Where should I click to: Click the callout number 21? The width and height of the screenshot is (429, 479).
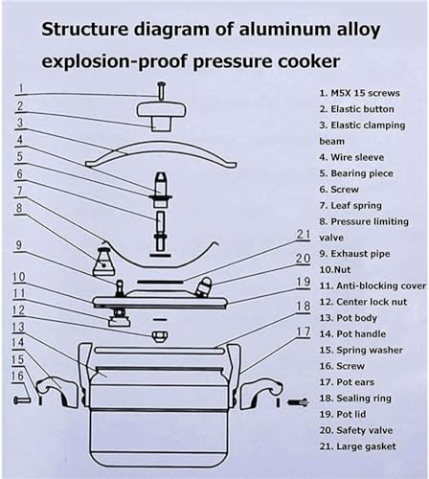point(304,235)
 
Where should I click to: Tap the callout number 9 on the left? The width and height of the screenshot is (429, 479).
point(19,245)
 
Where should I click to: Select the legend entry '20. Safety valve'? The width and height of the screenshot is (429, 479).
point(356,430)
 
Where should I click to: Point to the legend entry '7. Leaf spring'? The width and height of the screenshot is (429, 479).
point(350,205)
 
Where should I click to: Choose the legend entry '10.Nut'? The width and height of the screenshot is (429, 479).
point(335,270)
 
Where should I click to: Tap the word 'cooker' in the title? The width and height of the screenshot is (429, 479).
point(308,61)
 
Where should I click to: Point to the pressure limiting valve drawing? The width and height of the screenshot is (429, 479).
point(103,262)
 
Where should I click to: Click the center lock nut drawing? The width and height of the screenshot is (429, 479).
point(160,336)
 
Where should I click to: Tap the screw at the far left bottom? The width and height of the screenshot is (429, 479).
point(22,399)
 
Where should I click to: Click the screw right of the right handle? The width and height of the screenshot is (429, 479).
point(298,402)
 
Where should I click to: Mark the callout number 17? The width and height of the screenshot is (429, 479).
point(304,331)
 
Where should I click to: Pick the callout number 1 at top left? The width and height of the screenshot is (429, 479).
point(21,88)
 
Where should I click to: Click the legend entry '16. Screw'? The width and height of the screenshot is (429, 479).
point(342,366)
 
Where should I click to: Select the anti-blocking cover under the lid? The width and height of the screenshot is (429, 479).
point(119,321)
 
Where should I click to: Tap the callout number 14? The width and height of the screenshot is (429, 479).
point(18,343)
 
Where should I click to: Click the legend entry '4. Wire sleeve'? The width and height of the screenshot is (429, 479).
point(351,157)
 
